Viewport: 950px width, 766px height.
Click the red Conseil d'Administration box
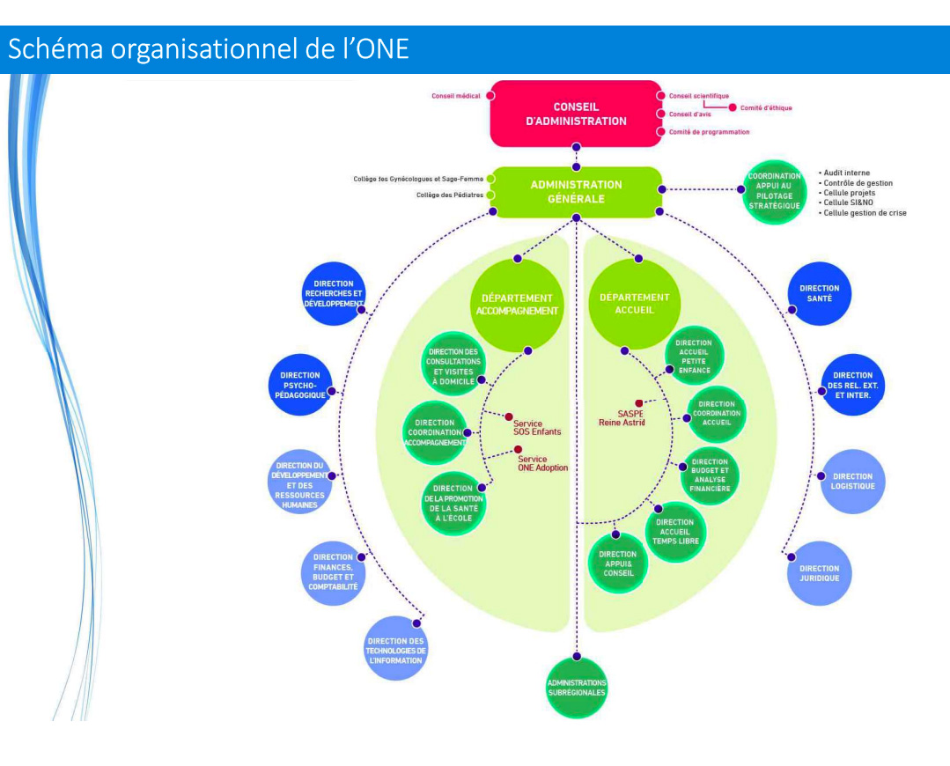pyautogui.click(x=577, y=114)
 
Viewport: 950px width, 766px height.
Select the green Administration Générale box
pyautogui.click(x=576, y=191)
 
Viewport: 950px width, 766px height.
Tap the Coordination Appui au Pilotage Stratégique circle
pyautogui.click(x=775, y=191)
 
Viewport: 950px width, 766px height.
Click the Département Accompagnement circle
pyautogui.click(x=517, y=304)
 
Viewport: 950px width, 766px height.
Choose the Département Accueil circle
pyautogui.click(x=634, y=304)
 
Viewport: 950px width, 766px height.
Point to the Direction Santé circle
pyautogui.click(x=819, y=294)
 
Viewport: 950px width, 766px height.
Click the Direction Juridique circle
pyautogui.click(x=819, y=573)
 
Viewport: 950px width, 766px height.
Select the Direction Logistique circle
pyautogui.click(x=852, y=481)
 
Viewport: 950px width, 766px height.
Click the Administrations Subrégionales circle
pyautogui.click(x=577, y=688)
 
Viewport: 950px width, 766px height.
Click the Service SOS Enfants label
pyautogui.click(x=536, y=427)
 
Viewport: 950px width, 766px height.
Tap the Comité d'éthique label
pyautogui.click(x=766, y=108)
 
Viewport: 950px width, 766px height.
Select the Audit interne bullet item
pyautogui.click(x=846, y=173)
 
